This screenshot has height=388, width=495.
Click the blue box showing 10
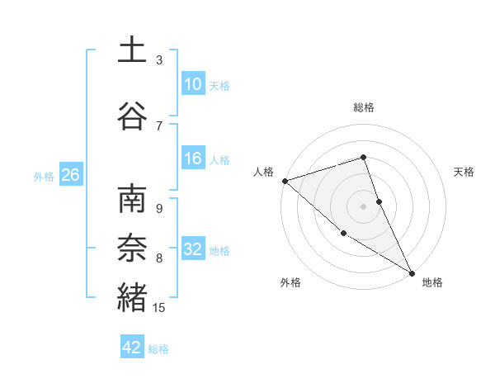click(x=193, y=84)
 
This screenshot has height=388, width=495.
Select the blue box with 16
click(x=193, y=159)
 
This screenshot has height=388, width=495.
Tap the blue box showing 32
click(x=193, y=249)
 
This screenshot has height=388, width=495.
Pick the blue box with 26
click(x=70, y=175)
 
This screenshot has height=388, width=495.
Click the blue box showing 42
click(x=133, y=348)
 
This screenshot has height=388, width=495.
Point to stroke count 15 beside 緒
click(x=159, y=308)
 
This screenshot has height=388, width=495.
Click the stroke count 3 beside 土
click(x=159, y=60)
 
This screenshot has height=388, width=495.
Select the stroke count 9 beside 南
click(x=159, y=209)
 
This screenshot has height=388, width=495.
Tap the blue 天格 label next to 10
click(x=219, y=85)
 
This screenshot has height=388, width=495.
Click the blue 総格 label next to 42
click(x=158, y=348)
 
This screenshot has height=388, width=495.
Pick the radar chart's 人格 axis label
click(x=264, y=172)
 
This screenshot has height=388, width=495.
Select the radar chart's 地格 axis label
click(x=432, y=282)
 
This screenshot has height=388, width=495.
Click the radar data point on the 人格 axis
click(x=285, y=181)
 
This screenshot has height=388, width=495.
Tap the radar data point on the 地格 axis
click(x=412, y=272)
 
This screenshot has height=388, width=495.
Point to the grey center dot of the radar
click(x=363, y=206)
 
